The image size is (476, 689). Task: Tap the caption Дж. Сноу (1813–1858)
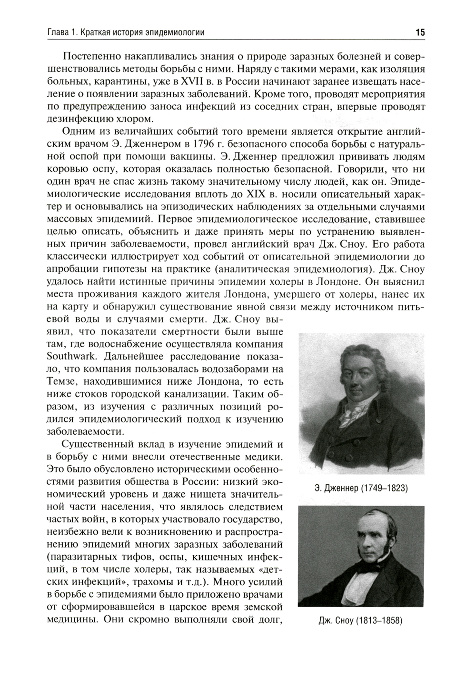point(361,621)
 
